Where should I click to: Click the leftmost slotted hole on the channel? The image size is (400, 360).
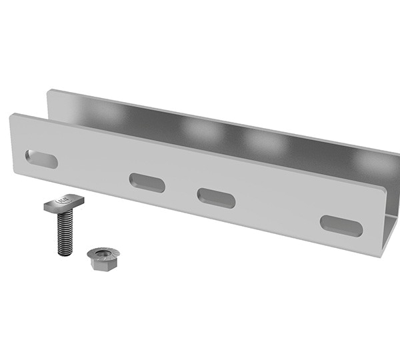pos(41,159)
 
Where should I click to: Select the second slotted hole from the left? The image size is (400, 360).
pos(147,183)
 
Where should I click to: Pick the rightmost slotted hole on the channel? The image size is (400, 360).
pos(341,225)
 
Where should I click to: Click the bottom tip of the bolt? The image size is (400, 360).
pos(63,253)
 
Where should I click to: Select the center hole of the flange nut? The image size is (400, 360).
pos(103,253)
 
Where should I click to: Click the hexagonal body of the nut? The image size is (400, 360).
pos(101,262)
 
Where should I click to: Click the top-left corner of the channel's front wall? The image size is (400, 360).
pos(13,117)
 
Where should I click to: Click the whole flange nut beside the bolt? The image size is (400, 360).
pos(102,257)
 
